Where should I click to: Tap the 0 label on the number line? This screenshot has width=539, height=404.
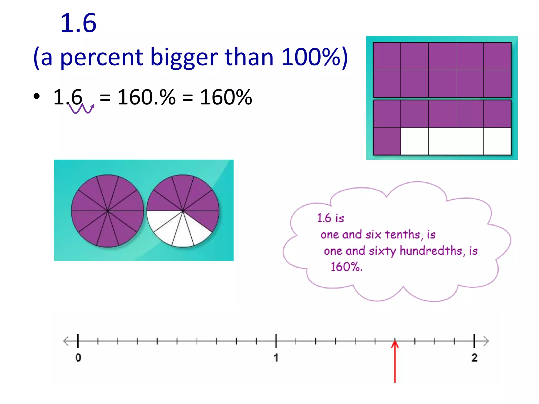point(78,358)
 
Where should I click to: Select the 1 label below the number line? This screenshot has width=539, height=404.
point(276,358)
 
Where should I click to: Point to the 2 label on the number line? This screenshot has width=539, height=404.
point(474,358)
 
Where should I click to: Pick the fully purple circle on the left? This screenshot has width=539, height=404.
point(107,211)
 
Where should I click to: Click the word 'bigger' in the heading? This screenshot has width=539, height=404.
point(184,57)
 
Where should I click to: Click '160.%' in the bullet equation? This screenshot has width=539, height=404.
point(146,97)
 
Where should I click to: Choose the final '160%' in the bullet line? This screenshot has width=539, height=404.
point(226,97)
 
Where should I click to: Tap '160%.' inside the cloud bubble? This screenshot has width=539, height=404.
point(346,267)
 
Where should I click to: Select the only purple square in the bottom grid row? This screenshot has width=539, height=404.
point(387,141)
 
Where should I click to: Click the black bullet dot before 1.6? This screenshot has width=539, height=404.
point(37,96)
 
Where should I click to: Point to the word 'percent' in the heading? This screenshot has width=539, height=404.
point(102,57)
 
